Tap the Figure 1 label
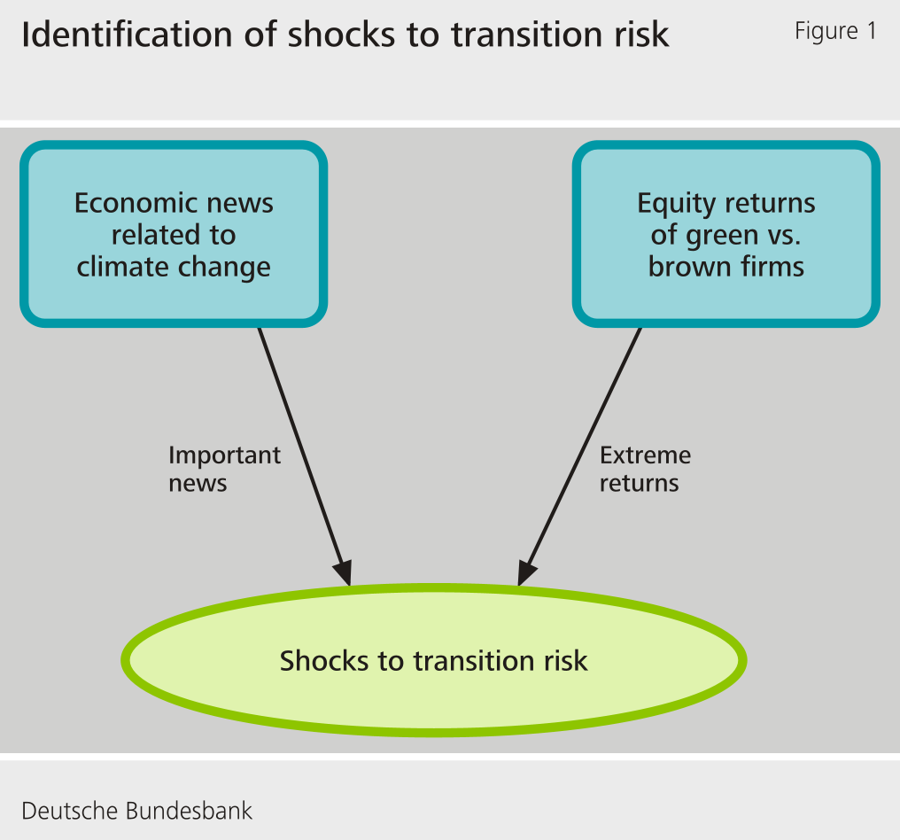click(x=834, y=31)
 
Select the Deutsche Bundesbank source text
click(x=136, y=810)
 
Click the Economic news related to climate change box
click(x=174, y=235)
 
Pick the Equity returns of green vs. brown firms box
click(x=726, y=235)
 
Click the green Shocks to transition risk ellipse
click(x=433, y=661)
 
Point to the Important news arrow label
click(x=224, y=469)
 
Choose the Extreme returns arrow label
click(x=645, y=469)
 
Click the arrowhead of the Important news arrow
click(x=344, y=573)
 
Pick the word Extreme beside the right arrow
click(x=645, y=455)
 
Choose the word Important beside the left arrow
click(x=224, y=455)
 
